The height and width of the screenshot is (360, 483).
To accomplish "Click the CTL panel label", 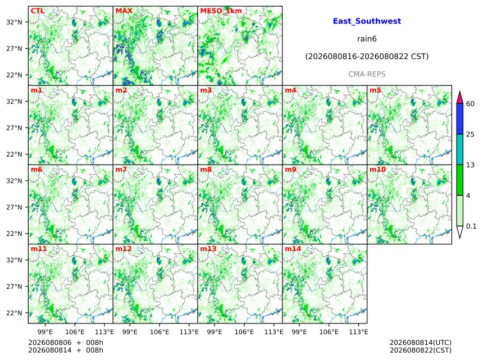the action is point(37,11).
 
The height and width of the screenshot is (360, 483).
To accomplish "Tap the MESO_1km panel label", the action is point(221,11).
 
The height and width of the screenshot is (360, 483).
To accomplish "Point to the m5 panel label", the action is point(375,90).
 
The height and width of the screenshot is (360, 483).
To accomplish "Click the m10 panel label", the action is point(377,170).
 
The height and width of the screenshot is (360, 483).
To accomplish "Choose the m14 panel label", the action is point(293,249).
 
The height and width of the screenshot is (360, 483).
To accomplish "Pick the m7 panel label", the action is point(121,170).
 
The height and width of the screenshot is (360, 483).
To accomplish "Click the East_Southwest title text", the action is point(367,21).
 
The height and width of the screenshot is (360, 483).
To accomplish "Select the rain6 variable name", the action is point(367,39).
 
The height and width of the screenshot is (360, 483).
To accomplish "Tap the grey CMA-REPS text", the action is point(367,74).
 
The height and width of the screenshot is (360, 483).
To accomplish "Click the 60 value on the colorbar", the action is point(470,103).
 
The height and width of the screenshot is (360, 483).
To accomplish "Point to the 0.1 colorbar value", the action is point(471,226).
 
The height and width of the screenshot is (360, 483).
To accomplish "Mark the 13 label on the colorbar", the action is point(470,165).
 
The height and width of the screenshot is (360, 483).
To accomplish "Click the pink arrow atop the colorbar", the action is point(459,98).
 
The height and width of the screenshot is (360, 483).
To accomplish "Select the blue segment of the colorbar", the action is point(459,119).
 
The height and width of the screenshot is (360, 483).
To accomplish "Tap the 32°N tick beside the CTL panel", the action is point(14,22).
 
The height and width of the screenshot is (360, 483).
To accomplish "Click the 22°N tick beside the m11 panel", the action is point(14,313).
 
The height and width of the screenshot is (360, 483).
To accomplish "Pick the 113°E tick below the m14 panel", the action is point(358,332).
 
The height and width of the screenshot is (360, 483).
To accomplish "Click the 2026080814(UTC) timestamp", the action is point(421,343).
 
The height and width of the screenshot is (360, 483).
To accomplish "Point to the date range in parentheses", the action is point(367,57).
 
